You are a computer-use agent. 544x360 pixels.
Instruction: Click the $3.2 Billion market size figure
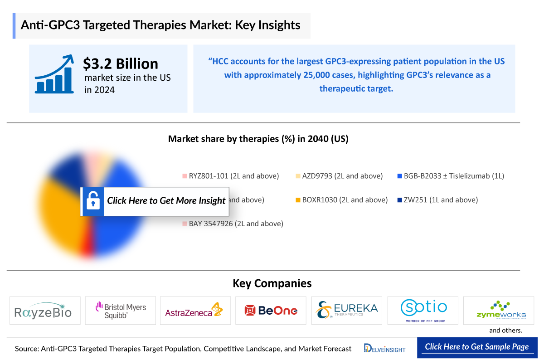point(121,63)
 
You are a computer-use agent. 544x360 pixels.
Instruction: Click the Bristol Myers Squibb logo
point(120,311)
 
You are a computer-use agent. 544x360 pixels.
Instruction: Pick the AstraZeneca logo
point(195,311)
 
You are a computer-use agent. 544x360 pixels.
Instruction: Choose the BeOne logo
point(271,311)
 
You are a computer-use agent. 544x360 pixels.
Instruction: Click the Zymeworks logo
point(498,311)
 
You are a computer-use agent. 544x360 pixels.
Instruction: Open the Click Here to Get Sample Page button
point(477,347)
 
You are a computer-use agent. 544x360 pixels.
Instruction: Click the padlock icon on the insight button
point(93,200)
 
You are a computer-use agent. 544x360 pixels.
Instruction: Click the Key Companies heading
point(272,283)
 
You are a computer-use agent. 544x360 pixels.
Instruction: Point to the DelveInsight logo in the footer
point(385,348)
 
